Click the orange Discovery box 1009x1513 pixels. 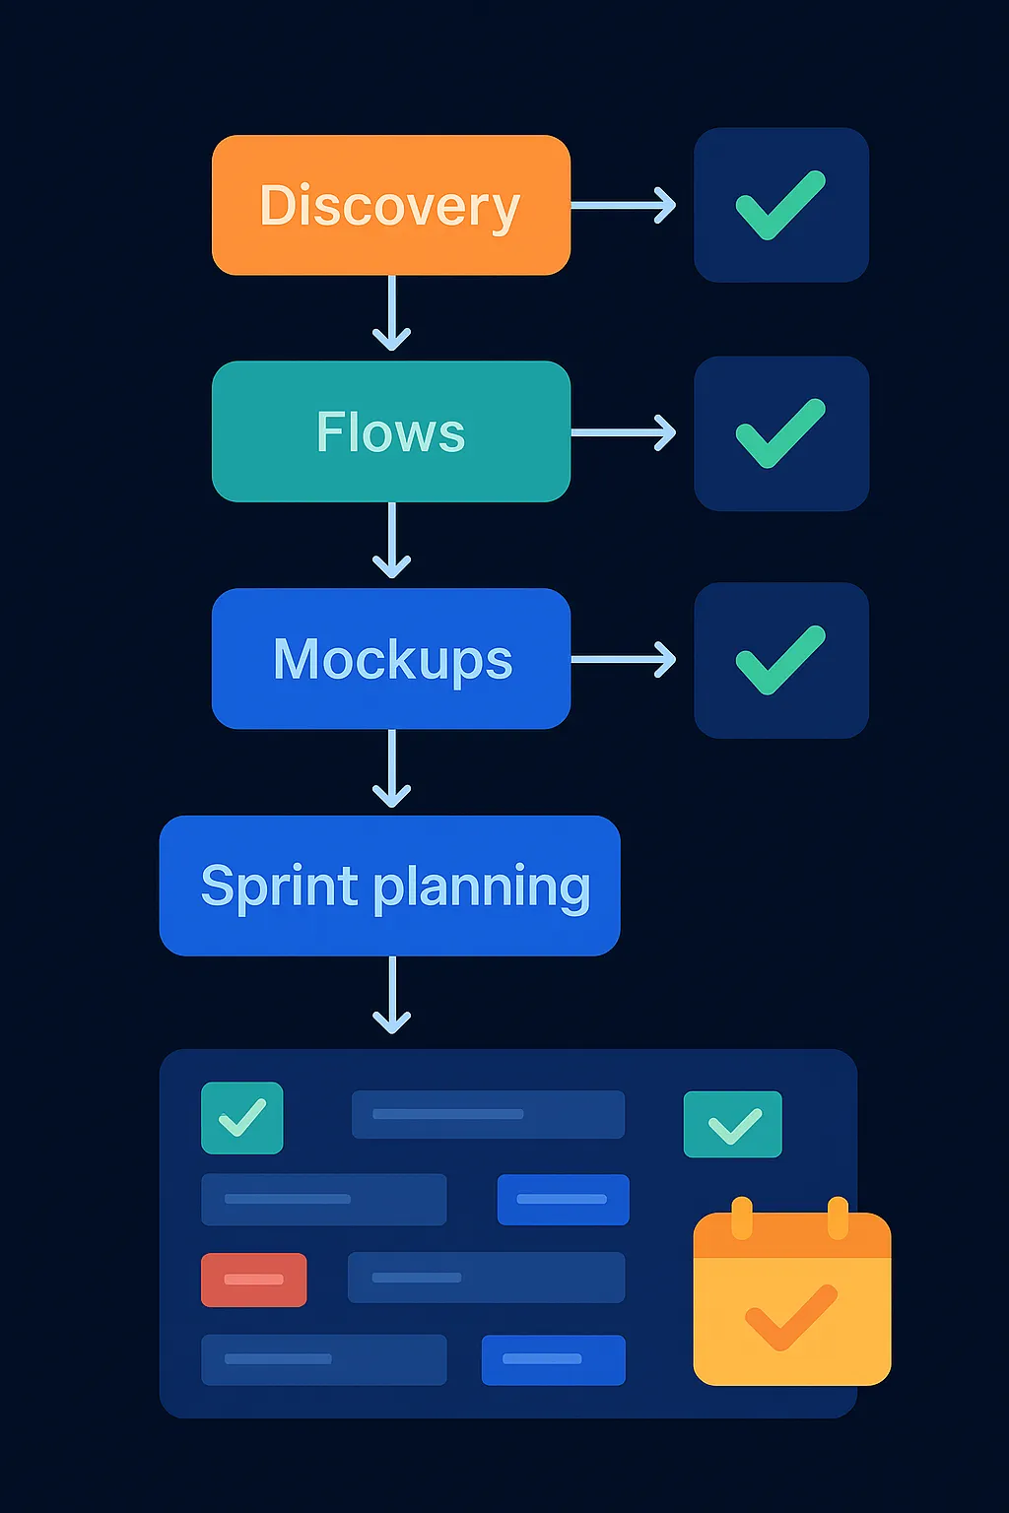tap(390, 205)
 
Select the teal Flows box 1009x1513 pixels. tap(390, 431)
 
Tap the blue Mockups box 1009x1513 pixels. tap(390, 658)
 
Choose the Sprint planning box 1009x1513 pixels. tap(389, 886)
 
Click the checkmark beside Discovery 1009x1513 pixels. tap(780, 205)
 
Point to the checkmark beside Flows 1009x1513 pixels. tap(780, 433)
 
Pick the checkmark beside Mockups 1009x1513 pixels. tap(780, 660)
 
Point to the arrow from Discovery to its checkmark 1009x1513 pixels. tap(624, 205)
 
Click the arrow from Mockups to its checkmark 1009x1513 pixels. tap(624, 659)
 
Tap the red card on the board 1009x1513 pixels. tap(253, 1280)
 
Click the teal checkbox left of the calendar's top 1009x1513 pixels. tap(732, 1124)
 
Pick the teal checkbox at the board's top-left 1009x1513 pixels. tap(241, 1118)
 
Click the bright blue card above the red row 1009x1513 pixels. tap(563, 1199)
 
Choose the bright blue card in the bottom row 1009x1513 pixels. tap(553, 1359)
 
